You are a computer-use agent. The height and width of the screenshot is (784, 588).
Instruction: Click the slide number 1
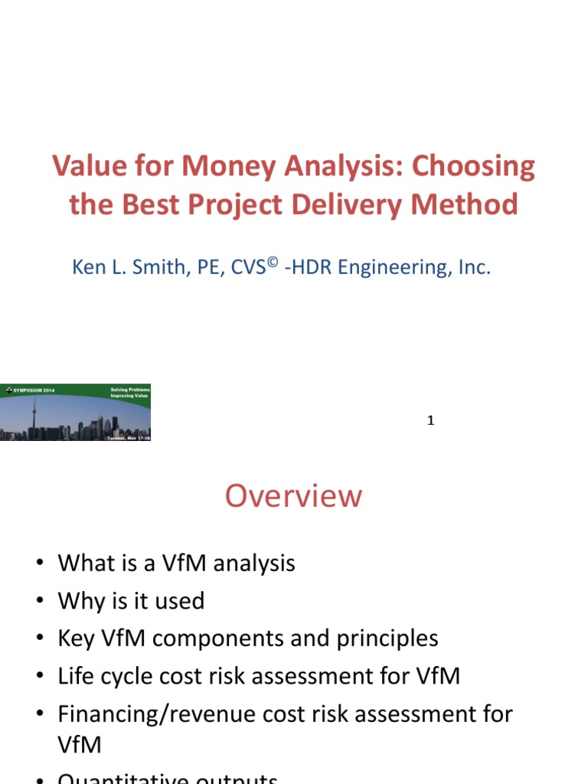[x=431, y=420]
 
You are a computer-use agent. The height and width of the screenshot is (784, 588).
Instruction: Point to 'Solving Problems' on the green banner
[x=130, y=389]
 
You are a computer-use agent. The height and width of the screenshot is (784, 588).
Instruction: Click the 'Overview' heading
[x=293, y=496]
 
